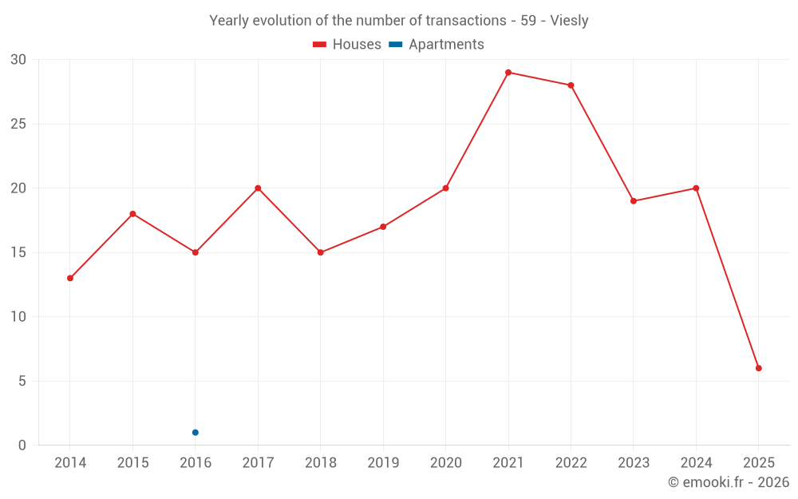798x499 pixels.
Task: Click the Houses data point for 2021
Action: click(508, 73)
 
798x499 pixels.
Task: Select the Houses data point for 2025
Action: click(759, 368)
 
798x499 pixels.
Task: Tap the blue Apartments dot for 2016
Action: click(196, 433)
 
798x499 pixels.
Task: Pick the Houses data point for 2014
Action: click(70, 278)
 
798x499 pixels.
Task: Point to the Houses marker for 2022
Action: click(571, 85)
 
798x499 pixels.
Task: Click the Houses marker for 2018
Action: click(321, 252)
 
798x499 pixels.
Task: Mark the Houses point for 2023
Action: click(634, 201)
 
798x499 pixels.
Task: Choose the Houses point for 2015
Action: click(132, 214)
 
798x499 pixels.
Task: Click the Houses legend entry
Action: click(347, 45)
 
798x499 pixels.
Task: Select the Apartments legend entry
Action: click(437, 45)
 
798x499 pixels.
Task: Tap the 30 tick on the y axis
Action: click(18, 60)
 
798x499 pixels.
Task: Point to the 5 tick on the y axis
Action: click(22, 381)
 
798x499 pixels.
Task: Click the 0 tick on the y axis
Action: click(22, 446)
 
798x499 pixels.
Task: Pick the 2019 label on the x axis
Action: click(383, 463)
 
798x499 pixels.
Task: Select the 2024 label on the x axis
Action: click(696, 463)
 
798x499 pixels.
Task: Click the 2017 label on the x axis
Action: click(258, 463)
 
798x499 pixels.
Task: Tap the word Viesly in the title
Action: click(569, 21)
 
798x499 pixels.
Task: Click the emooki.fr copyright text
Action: click(728, 482)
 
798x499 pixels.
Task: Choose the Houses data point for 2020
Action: click(446, 188)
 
